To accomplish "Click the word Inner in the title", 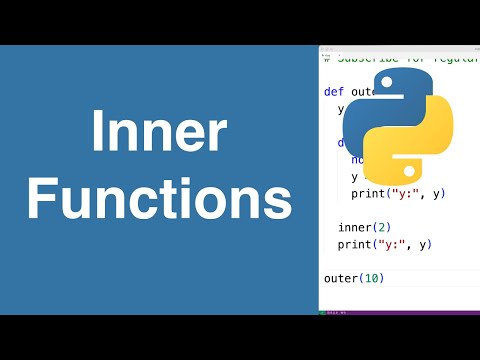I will pyautogui.click(x=159, y=134).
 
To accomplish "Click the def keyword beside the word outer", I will pyautogui.click(x=334, y=91).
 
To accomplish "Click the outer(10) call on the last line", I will pyautogui.click(x=354, y=277).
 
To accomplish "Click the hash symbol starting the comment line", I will pyautogui.click(x=327, y=57).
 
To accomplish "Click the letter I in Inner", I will pyautogui.click(x=98, y=134).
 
